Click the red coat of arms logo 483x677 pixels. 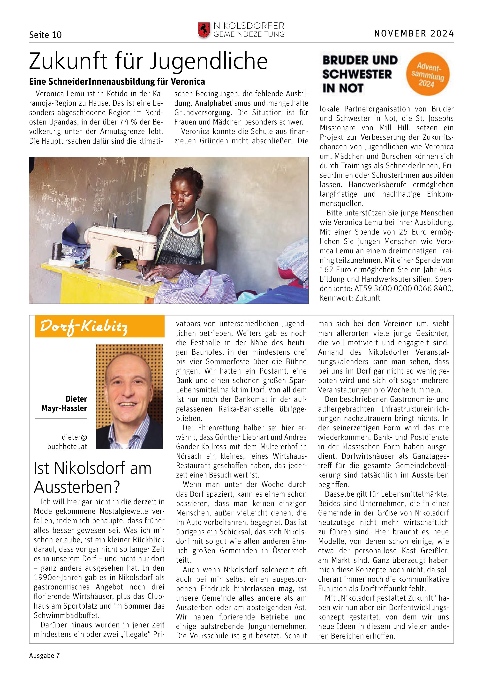click(x=204, y=30)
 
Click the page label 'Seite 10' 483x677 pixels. click(x=45, y=35)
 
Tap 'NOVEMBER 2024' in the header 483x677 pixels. click(x=414, y=33)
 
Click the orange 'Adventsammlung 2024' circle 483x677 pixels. click(x=428, y=74)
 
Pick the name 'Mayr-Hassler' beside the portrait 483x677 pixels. click(x=64, y=408)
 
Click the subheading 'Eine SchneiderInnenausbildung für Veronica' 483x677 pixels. click(x=117, y=81)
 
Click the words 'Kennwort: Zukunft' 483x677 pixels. click(x=350, y=298)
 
